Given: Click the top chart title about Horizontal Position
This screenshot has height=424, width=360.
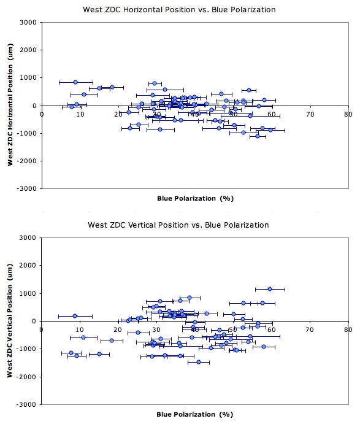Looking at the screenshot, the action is tap(179, 10).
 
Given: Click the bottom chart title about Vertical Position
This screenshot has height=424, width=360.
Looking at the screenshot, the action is tap(178, 225).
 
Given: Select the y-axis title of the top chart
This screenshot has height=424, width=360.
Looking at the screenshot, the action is tap(10, 105).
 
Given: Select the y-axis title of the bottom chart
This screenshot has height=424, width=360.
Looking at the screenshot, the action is tap(10, 320).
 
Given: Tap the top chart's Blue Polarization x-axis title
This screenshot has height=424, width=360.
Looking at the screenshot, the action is tap(195, 198).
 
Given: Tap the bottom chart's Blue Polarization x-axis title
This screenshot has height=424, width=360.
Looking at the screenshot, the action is tap(194, 414).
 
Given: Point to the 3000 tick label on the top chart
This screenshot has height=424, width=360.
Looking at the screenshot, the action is tap(28, 23).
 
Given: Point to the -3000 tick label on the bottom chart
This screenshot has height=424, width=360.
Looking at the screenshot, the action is tap(26, 404).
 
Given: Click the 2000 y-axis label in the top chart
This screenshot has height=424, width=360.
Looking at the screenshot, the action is tap(28, 50).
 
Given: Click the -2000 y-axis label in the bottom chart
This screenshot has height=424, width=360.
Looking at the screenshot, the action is tap(26, 377).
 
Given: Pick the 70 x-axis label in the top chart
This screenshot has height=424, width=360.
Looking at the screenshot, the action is tap(310, 114).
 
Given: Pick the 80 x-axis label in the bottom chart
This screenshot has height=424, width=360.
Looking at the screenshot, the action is tap(348, 330).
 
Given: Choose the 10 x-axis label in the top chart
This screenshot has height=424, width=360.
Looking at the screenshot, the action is tap(80, 114).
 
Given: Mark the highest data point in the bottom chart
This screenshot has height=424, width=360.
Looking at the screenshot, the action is tap(270, 289).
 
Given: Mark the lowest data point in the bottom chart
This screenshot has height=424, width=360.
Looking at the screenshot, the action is tap(199, 362).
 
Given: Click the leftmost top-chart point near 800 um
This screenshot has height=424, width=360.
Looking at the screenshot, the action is tap(75, 82).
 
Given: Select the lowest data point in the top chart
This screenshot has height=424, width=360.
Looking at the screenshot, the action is tap(258, 136).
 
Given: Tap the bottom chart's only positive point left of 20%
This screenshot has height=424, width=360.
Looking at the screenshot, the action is tap(75, 316).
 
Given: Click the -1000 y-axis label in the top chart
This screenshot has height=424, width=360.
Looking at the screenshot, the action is tap(27, 133).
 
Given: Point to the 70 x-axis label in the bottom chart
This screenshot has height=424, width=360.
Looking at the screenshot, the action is tap(310, 330).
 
